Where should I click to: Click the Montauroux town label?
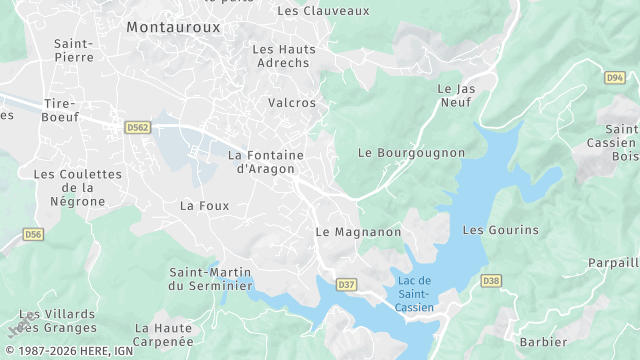[x=173, y=28]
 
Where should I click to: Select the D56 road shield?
[x=33, y=234]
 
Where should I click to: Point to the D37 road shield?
[x=346, y=285]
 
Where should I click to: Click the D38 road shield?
[x=490, y=281]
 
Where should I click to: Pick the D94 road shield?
[x=615, y=77]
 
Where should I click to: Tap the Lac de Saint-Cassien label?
[x=413, y=293]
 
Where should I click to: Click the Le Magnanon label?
[x=358, y=232]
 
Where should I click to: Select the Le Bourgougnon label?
[x=411, y=153]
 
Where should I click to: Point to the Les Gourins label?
[x=500, y=230]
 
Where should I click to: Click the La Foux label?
[x=204, y=206]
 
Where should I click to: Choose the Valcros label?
[x=292, y=103]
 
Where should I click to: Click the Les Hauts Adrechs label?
[x=284, y=55]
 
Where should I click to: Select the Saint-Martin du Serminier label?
[x=210, y=279]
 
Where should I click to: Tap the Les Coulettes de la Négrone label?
[x=77, y=187]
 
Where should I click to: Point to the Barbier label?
[x=544, y=342]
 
